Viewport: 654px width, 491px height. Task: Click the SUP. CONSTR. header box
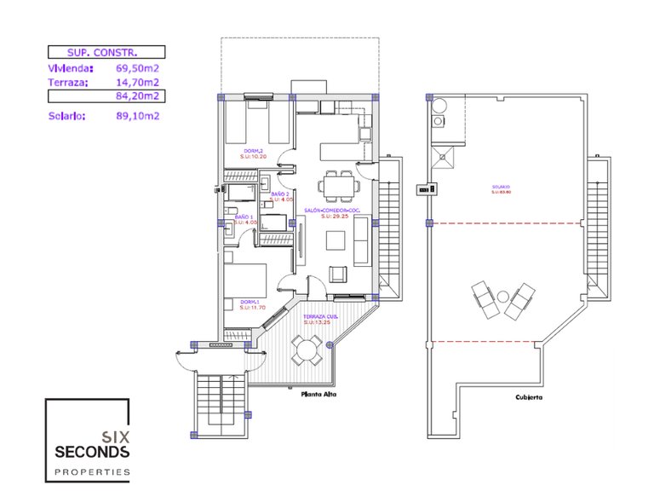(x=105, y=52)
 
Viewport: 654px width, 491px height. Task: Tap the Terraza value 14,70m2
(x=138, y=83)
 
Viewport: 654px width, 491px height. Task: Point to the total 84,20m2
(x=138, y=97)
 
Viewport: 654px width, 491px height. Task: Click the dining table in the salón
(x=338, y=183)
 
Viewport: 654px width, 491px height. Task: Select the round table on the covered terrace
(x=304, y=347)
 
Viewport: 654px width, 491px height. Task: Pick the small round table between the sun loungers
(x=502, y=297)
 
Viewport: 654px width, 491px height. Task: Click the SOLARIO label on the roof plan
(x=500, y=188)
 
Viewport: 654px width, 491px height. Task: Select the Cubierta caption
(x=529, y=397)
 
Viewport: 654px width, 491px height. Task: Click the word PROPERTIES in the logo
(x=92, y=471)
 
